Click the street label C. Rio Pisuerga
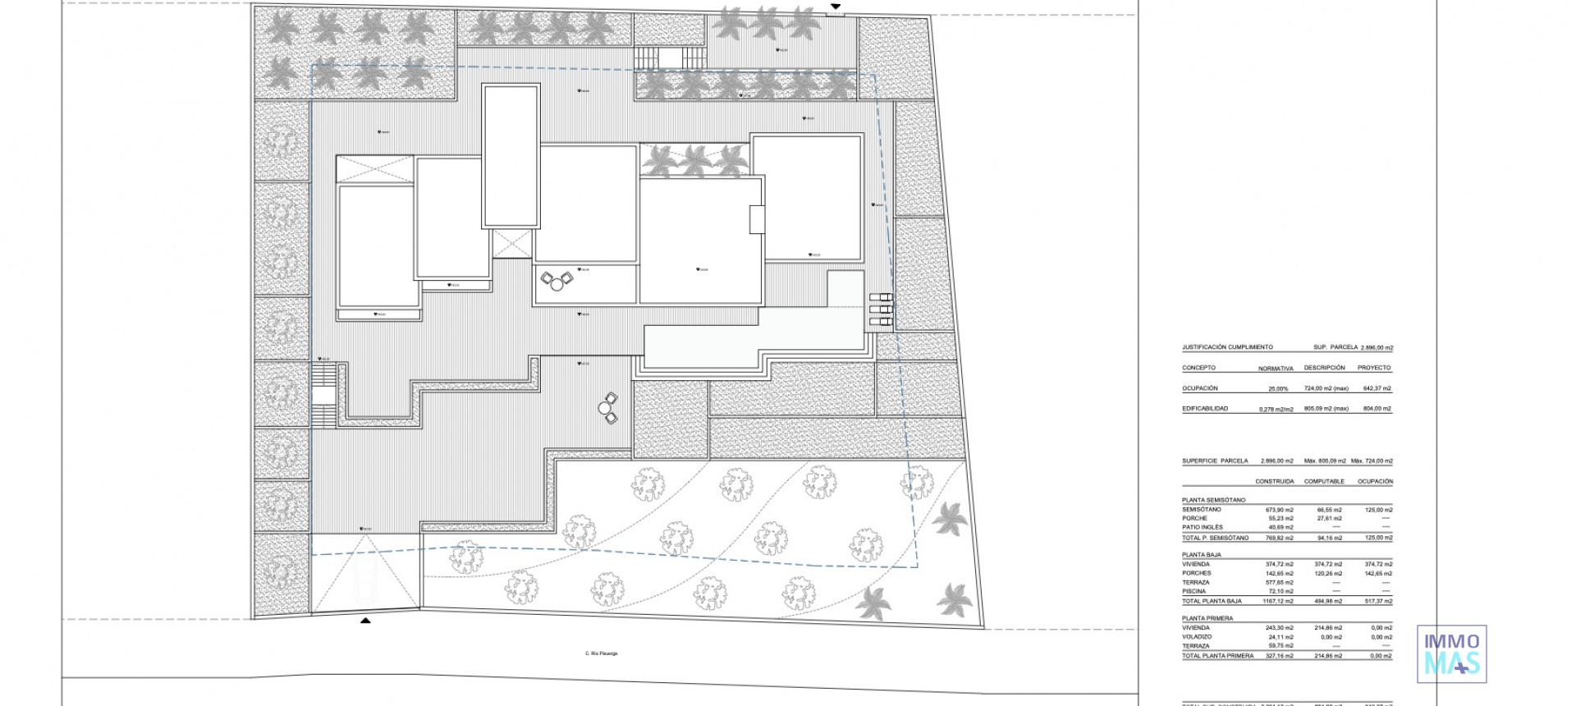(x=601, y=653)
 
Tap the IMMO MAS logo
(x=1452, y=653)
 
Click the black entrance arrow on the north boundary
(x=836, y=7)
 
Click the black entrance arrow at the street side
(x=365, y=621)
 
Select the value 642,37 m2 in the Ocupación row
(x=1375, y=388)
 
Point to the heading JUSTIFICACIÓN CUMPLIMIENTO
(x=1227, y=347)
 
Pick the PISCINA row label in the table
(x=1194, y=591)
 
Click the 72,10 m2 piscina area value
(x=1280, y=591)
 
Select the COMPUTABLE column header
(x=1324, y=481)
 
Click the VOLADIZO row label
(x=1196, y=637)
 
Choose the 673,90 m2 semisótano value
(x=1280, y=510)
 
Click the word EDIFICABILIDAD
(x=1205, y=408)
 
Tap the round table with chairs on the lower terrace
(x=607, y=407)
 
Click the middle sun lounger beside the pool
(x=880, y=309)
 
